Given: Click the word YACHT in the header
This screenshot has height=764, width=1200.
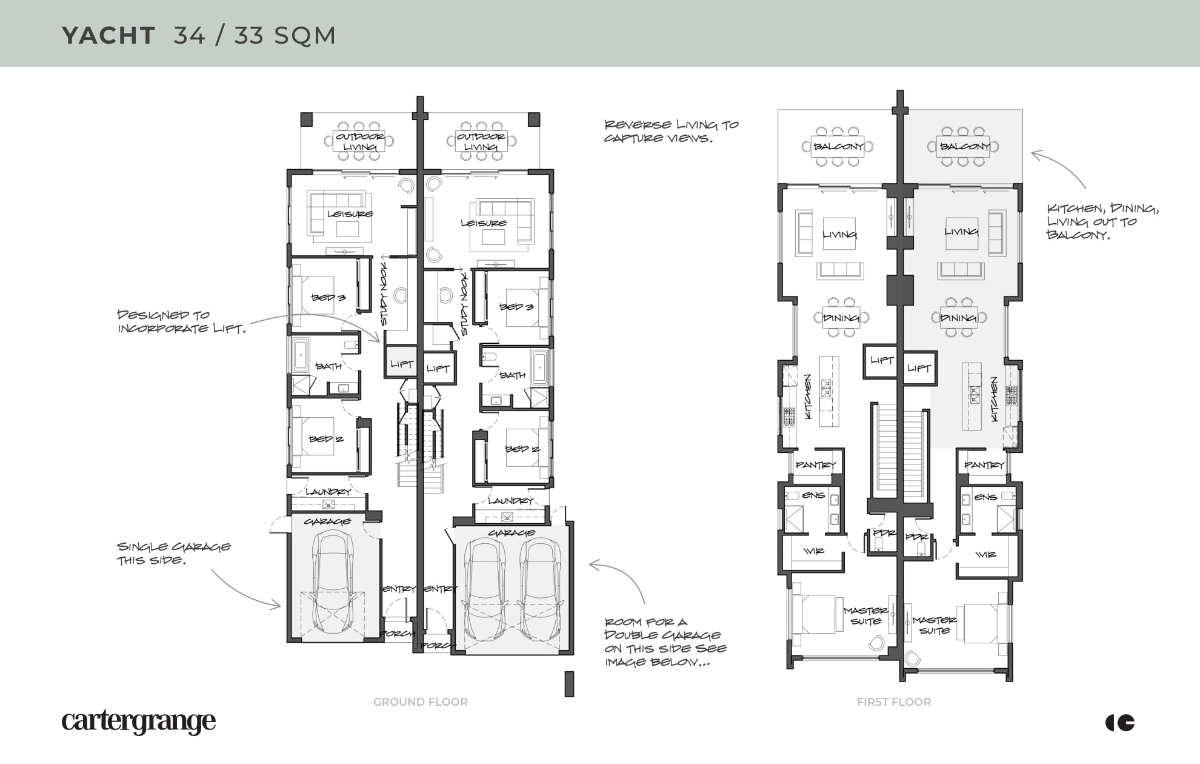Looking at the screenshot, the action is click(x=108, y=35).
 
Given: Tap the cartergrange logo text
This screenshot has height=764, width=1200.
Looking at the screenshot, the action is click(x=138, y=722).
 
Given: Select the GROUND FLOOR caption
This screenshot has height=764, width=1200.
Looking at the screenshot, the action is click(x=420, y=702).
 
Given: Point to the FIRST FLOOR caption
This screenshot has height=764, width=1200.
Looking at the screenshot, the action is click(x=894, y=702).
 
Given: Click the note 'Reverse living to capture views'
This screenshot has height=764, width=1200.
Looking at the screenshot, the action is click(x=671, y=131).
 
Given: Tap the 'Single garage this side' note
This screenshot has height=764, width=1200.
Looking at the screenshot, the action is click(x=173, y=553).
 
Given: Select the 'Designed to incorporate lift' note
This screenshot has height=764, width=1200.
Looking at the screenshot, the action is click(x=181, y=321).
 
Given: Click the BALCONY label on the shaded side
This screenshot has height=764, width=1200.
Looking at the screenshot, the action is click(x=964, y=146).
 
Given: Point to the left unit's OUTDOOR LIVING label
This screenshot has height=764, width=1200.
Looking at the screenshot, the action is click(x=360, y=141).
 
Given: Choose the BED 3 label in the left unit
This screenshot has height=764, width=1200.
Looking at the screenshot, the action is click(x=328, y=298).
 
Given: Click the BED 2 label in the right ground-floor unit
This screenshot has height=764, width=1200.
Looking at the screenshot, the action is click(x=522, y=449).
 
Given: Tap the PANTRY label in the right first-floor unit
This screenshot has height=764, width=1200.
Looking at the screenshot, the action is click(x=984, y=465).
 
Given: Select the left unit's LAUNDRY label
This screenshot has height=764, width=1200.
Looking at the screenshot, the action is click(x=328, y=492).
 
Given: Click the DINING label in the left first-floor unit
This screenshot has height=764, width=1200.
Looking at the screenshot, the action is click(x=841, y=318).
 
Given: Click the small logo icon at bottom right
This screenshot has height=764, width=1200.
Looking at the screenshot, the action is click(x=1120, y=722).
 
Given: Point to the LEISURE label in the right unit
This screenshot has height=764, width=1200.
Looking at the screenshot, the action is click(x=484, y=223).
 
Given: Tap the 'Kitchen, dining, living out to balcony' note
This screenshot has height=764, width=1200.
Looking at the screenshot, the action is click(x=1102, y=221).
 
